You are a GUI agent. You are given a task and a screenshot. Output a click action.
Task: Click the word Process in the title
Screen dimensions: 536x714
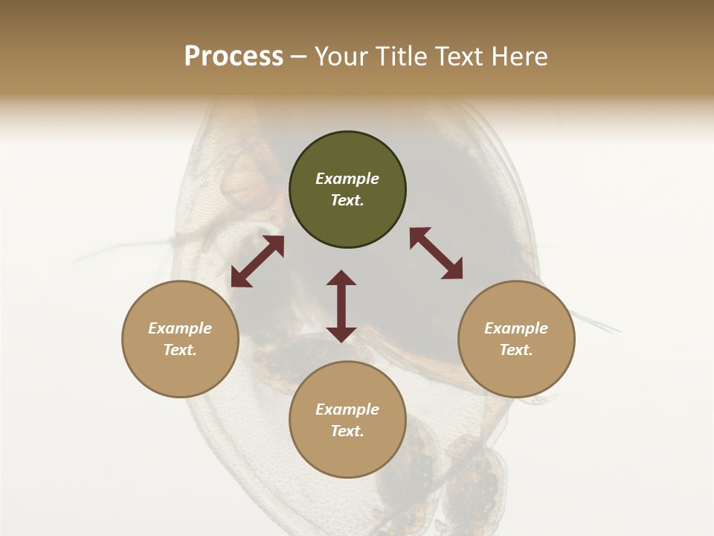(x=234, y=57)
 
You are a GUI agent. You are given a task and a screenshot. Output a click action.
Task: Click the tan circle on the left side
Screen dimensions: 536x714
(x=180, y=339)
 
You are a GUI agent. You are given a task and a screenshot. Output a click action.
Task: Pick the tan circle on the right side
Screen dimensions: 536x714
(x=516, y=339)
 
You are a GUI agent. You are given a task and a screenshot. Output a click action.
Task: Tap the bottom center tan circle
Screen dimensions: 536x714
(x=347, y=419)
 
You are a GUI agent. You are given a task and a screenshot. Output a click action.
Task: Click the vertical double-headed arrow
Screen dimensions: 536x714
(x=341, y=306)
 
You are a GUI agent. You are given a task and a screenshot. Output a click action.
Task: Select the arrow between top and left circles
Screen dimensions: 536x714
(x=257, y=261)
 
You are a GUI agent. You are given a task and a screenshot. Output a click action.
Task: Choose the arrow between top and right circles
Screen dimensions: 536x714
(x=436, y=253)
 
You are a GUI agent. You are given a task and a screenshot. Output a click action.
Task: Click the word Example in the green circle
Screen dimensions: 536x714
(x=347, y=179)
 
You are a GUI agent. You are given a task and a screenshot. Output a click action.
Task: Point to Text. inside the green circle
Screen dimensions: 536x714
(x=347, y=200)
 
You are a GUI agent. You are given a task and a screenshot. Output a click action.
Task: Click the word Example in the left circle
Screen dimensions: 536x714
(x=180, y=328)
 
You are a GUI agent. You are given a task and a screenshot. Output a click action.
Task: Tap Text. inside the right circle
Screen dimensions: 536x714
(x=516, y=350)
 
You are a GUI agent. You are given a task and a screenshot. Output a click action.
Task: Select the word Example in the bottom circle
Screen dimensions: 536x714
(x=347, y=409)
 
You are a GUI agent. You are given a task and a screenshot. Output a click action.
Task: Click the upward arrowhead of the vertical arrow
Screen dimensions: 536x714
(x=341, y=278)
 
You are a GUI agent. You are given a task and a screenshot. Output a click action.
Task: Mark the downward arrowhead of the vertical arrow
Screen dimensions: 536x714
(x=341, y=334)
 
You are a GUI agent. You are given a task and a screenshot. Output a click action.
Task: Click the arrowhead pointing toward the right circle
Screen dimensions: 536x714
(x=453, y=270)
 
